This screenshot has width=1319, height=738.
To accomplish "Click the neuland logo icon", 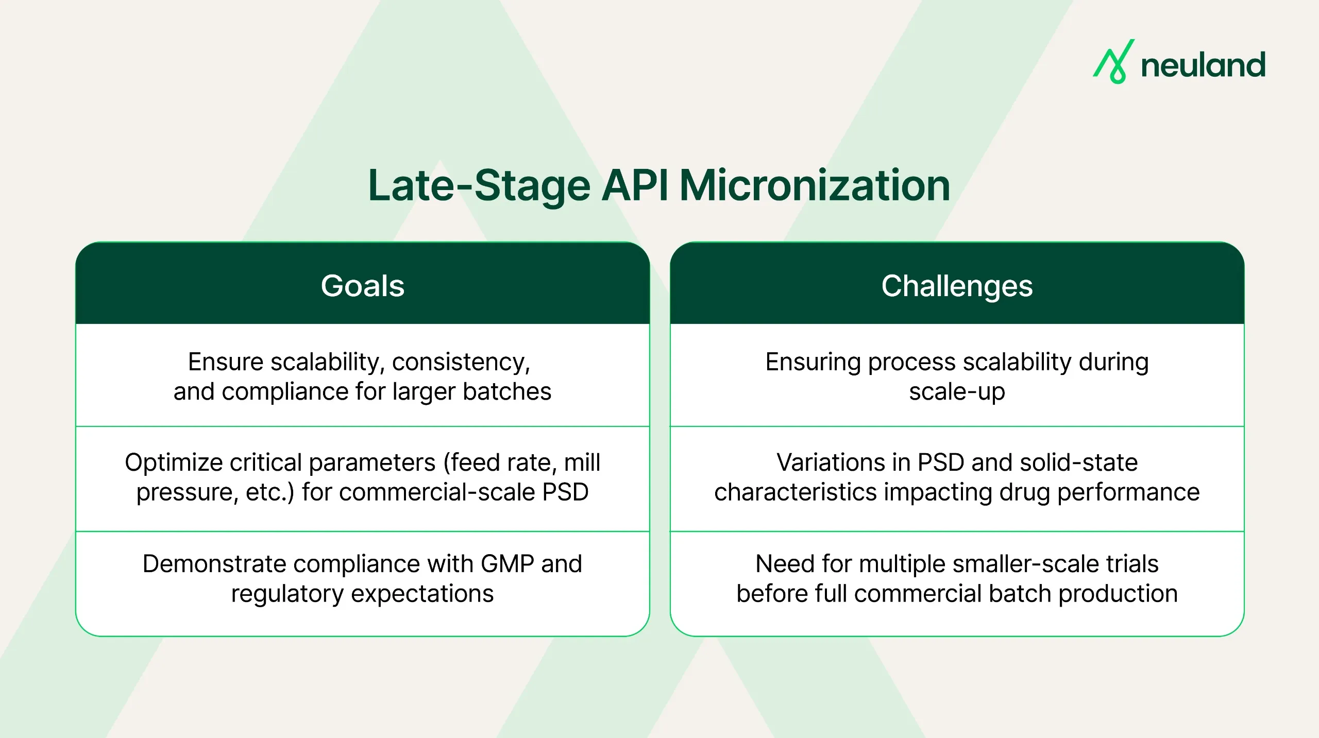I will coord(1113,62).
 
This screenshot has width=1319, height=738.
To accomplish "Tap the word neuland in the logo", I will coord(1203,65).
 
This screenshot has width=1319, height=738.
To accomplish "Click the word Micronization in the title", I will coord(815,186).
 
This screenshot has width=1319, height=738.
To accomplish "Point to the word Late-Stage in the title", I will coord(479,186).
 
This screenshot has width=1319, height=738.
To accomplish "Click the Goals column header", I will coord(362,286).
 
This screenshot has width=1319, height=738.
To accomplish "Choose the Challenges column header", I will coord(957,286).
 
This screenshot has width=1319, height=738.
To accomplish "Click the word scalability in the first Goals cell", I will coord(328,362).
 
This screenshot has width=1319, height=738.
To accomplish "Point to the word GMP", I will coord(507,564).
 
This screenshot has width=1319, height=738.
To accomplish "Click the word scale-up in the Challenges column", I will coord(957,392).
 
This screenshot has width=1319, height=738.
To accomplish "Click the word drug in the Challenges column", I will coord(1025,492).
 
